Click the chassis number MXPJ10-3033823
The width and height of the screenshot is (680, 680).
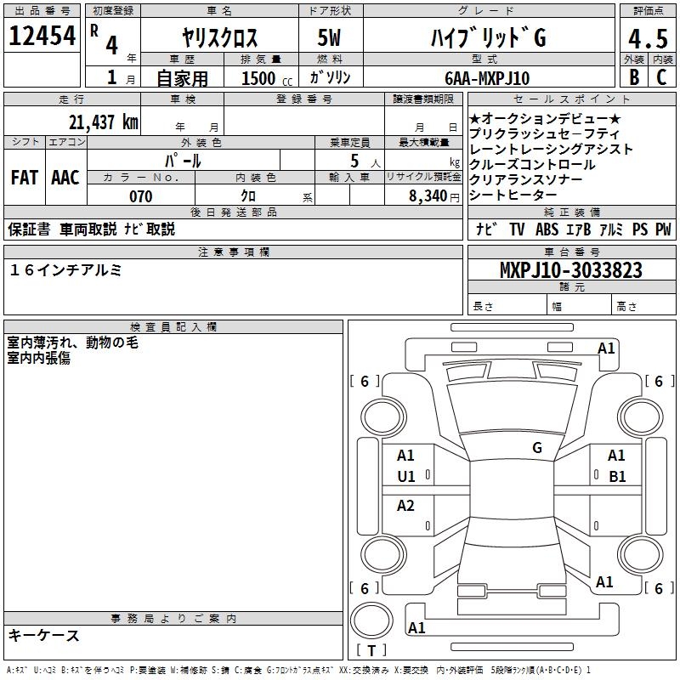pos(570,270)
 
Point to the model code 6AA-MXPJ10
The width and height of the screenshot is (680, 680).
pos(487,78)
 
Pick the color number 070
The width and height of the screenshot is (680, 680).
pos(140,196)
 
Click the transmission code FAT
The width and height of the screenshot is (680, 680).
pos(24,178)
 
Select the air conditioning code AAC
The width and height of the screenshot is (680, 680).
pos(65,178)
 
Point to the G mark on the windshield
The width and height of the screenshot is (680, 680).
pos(537,447)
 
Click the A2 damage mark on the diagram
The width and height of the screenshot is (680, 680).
pos(406,506)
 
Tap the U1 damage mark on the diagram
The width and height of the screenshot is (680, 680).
pos(406,477)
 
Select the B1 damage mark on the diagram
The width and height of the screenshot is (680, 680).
pos(616,477)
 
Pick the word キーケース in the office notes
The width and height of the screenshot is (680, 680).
pos(44,635)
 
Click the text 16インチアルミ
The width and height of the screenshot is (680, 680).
pos(66,269)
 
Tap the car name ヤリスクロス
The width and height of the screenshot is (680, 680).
pos(219,38)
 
